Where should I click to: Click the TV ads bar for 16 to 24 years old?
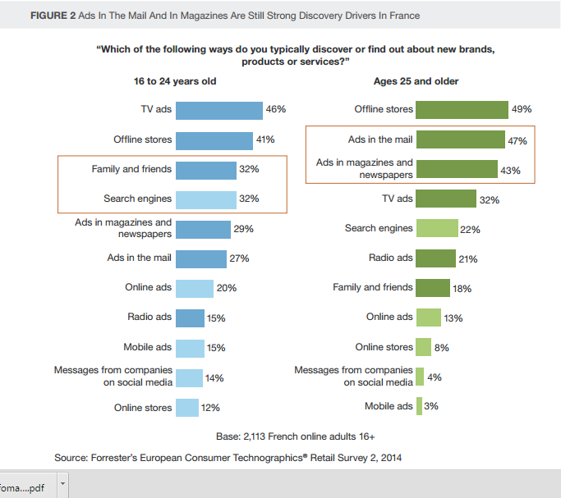[x=218, y=110]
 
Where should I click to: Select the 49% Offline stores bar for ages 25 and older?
[x=462, y=110]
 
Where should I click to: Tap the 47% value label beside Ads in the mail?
[x=517, y=141]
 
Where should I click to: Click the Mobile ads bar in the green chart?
[x=419, y=406]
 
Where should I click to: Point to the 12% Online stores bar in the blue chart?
[x=186, y=408]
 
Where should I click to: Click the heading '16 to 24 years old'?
[x=175, y=81]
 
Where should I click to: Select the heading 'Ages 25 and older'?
[x=416, y=81]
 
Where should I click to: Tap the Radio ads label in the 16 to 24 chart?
[x=149, y=317]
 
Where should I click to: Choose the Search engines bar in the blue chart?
[x=205, y=199]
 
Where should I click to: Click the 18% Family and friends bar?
[x=433, y=288]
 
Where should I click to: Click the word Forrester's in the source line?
[x=120, y=458]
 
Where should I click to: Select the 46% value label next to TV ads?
[x=275, y=109]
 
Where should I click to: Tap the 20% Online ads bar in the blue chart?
[x=194, y=288]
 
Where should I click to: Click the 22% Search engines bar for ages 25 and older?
[x=436, y=229]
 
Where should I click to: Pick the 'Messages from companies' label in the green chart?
[x=354, y=370]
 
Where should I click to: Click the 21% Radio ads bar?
[x=435, y=258]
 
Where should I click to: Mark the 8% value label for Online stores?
[x=441, y=348]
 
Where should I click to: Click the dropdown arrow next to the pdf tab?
[x=62, y=485]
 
